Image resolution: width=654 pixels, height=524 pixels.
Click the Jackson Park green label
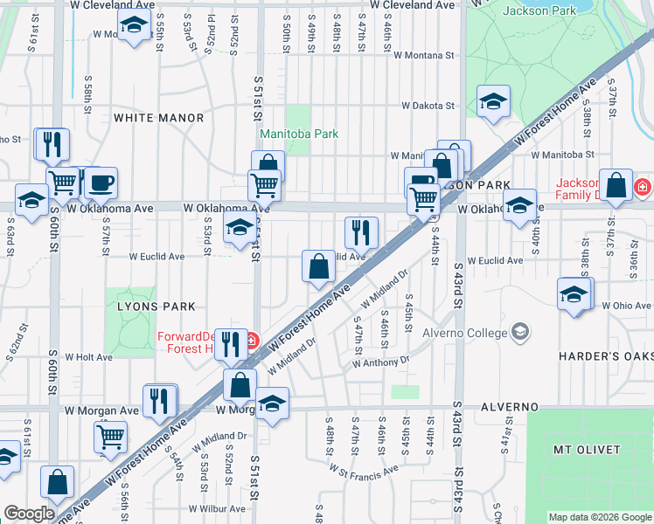pos(539,10)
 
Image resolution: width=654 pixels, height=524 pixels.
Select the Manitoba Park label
pos(299,134)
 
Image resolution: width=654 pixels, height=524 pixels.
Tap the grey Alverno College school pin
pos(520,332)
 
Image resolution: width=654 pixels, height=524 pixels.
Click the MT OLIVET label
pos(587,450)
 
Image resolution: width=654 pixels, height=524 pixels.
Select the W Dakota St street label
pos(428,106)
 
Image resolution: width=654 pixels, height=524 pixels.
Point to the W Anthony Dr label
pos(381,361)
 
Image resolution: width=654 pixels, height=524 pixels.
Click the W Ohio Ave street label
pos(627,306)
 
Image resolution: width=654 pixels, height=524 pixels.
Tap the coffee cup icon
pos(101,183)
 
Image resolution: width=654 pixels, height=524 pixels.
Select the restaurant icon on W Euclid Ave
pos(361,232)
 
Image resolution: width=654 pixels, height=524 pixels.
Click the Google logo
pos(28,514)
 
